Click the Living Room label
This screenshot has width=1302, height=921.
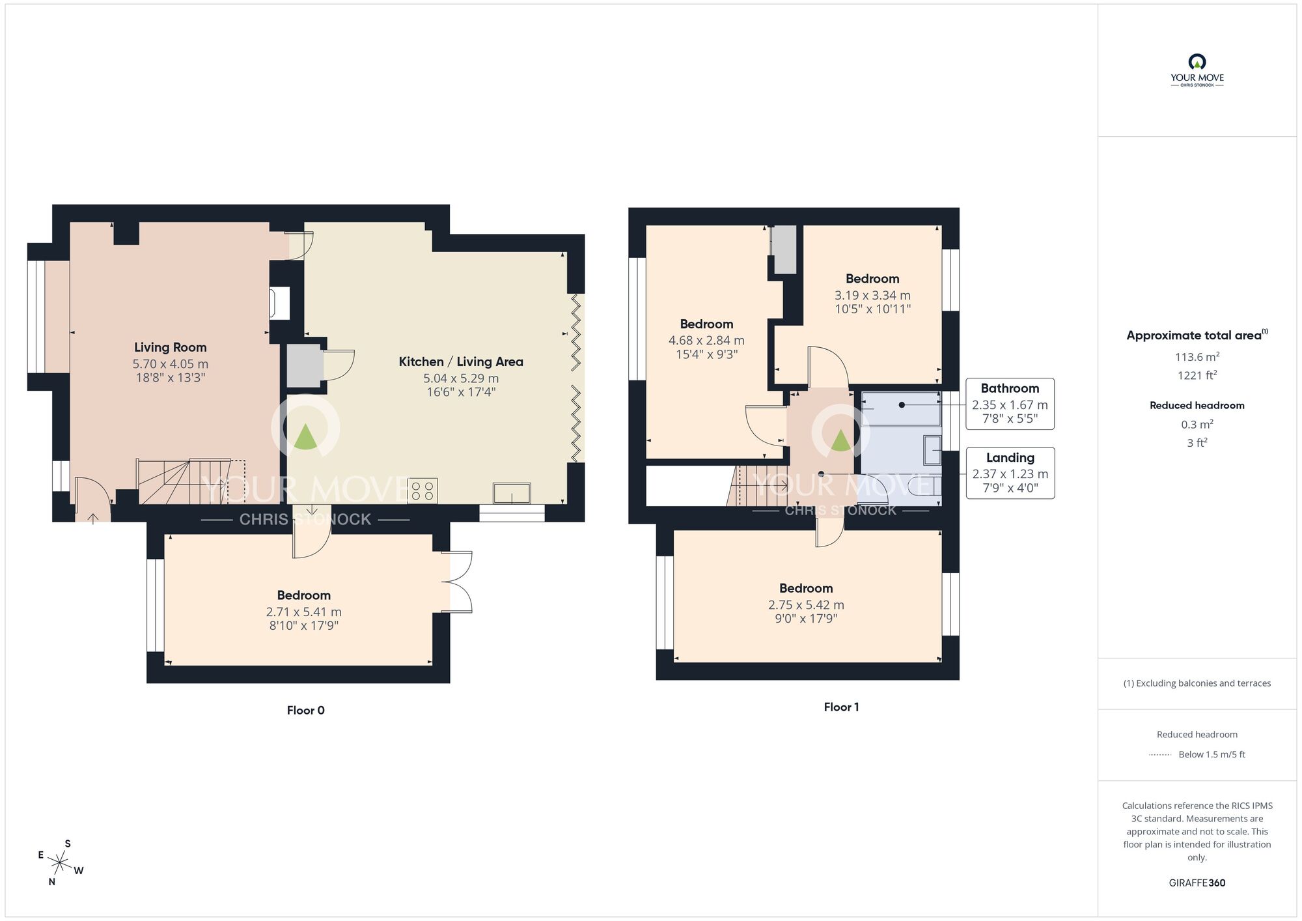coord(170,347)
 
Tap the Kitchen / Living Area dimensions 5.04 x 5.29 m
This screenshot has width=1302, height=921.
coord(461,378)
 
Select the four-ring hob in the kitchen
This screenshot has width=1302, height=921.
coord(422,490)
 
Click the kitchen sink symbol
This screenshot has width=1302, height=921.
coord(512,493)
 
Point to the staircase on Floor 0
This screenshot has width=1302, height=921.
coord(184,481)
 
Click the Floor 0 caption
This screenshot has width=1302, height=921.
coord(305,710)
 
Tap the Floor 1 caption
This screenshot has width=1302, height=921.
coord(841,707)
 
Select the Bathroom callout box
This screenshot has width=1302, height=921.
coord(1010,403)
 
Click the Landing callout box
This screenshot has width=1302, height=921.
coord(1010,473)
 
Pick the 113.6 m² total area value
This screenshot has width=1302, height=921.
coord(1197,357)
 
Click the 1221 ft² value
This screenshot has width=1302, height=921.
coord(1197,375)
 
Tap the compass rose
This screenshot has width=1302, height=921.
coord(59,864)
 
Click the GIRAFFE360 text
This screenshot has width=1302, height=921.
coord(1197,883)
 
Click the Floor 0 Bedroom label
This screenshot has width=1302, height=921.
coord(303,595)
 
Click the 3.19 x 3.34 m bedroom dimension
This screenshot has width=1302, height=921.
coord(872,295)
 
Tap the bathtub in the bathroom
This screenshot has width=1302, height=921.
coord(901,409)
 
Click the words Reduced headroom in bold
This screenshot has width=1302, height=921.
coord(1197,405)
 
